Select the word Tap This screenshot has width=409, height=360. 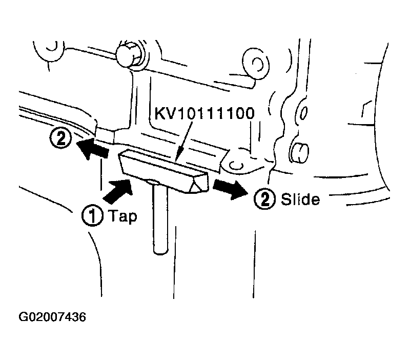click(122, 216)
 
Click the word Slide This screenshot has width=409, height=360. click(300, 199)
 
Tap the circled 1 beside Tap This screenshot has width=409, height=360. click(92, 215)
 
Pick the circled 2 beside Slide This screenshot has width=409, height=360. click(264, 199)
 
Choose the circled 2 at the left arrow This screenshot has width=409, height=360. click(60, 138)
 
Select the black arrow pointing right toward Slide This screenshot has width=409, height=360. click(230, 189)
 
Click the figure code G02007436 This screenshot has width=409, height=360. click(52, 317)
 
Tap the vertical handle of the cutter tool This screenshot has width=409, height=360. click(160, 218)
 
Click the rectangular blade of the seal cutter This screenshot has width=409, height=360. click(163, 171)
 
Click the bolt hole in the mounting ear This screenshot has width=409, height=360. click(236, 165)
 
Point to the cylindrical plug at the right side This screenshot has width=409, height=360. click(299, 152)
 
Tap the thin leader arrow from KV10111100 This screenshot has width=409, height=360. click(184, 141)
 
